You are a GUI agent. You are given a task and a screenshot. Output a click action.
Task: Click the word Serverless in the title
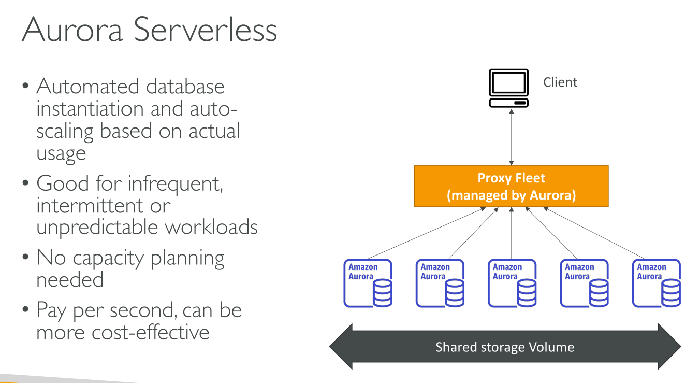point(206,30)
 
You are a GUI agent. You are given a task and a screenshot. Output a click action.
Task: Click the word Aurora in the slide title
point(72,30)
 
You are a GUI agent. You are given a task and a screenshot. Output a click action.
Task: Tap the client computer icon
point(509,88)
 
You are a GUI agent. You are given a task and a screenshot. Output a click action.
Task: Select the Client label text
point(560,82)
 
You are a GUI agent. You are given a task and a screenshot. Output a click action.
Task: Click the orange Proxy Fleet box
point(511,187)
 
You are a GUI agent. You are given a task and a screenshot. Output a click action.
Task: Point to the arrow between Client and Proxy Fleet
point(512,137)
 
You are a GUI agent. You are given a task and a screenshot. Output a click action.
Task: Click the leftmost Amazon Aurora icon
point(368,283)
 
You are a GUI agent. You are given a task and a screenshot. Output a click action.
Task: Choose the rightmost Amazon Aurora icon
point(657,283)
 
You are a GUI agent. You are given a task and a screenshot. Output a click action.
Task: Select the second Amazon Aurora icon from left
point(440,283)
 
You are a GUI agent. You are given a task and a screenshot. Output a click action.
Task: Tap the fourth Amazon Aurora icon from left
point(585,283)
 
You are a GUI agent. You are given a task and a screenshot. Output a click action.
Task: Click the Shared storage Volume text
point(505,347)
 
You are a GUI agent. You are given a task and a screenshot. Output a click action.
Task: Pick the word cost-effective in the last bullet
point(151,332)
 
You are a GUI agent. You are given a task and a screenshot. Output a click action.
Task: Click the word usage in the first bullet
point(61,154)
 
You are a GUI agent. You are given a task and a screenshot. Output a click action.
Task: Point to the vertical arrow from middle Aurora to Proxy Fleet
point(512,233)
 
